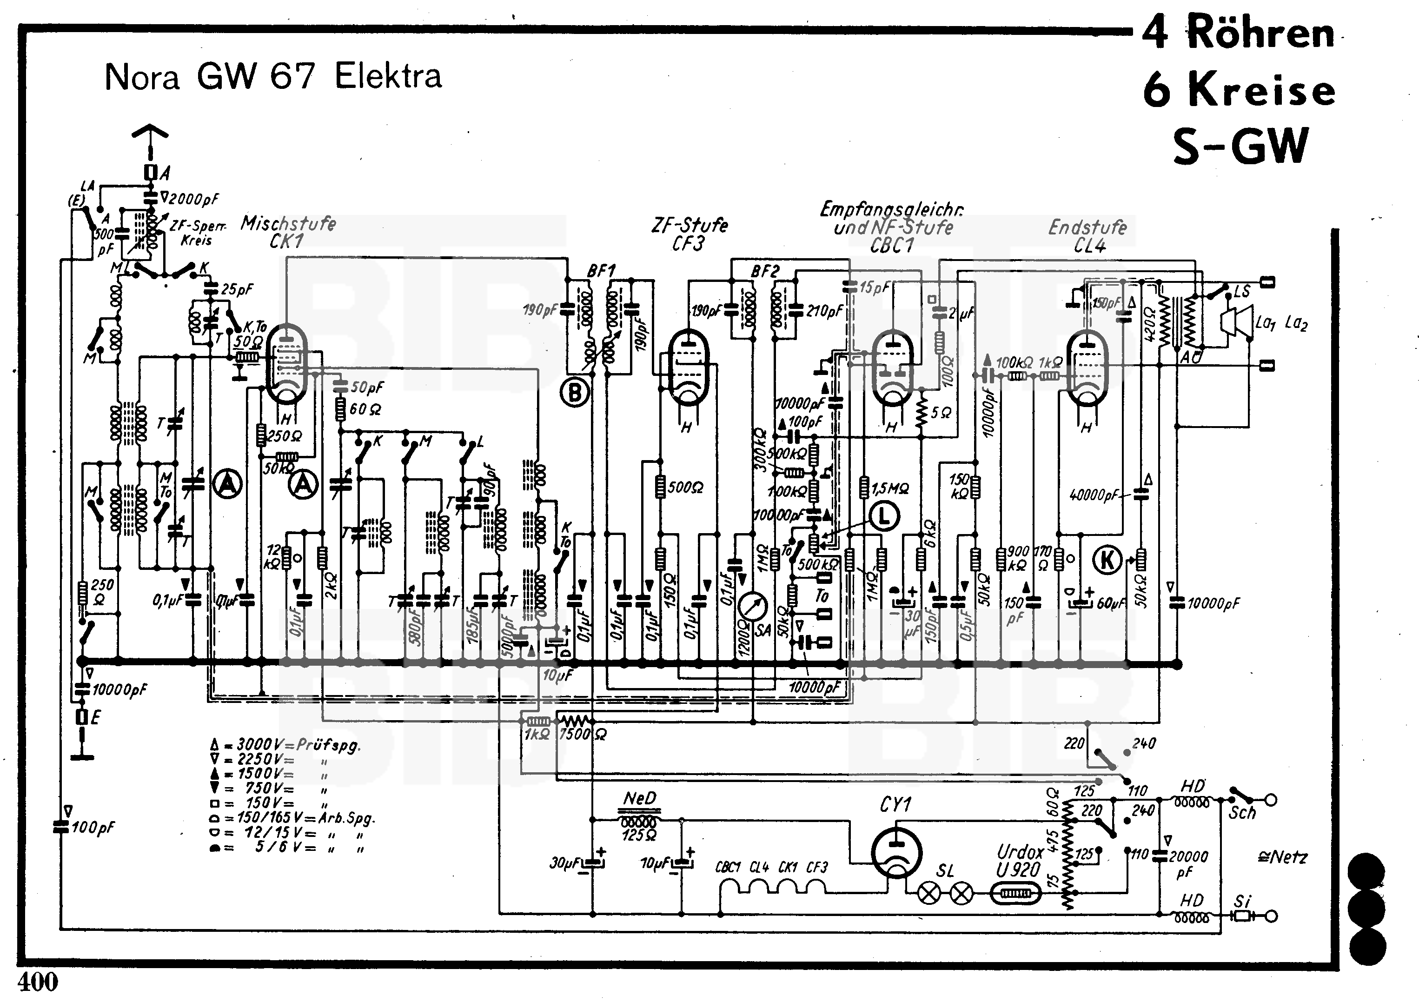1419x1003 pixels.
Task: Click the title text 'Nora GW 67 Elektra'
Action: point(273,77)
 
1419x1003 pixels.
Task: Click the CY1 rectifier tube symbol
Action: point(896,853)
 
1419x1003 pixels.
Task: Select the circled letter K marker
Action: point(1107,560)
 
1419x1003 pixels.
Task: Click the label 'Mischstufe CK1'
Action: point(288,232)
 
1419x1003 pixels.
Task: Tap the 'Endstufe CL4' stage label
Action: point(1088,236)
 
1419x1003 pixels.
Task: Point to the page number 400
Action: point(38,982)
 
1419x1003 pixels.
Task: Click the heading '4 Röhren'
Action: point(1238,32)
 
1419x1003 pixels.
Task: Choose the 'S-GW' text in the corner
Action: point(1240,146)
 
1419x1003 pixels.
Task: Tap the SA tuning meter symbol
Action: point(752,607)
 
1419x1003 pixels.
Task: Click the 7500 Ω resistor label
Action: point(582,735)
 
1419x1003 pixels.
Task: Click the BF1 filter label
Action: point(601,270)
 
